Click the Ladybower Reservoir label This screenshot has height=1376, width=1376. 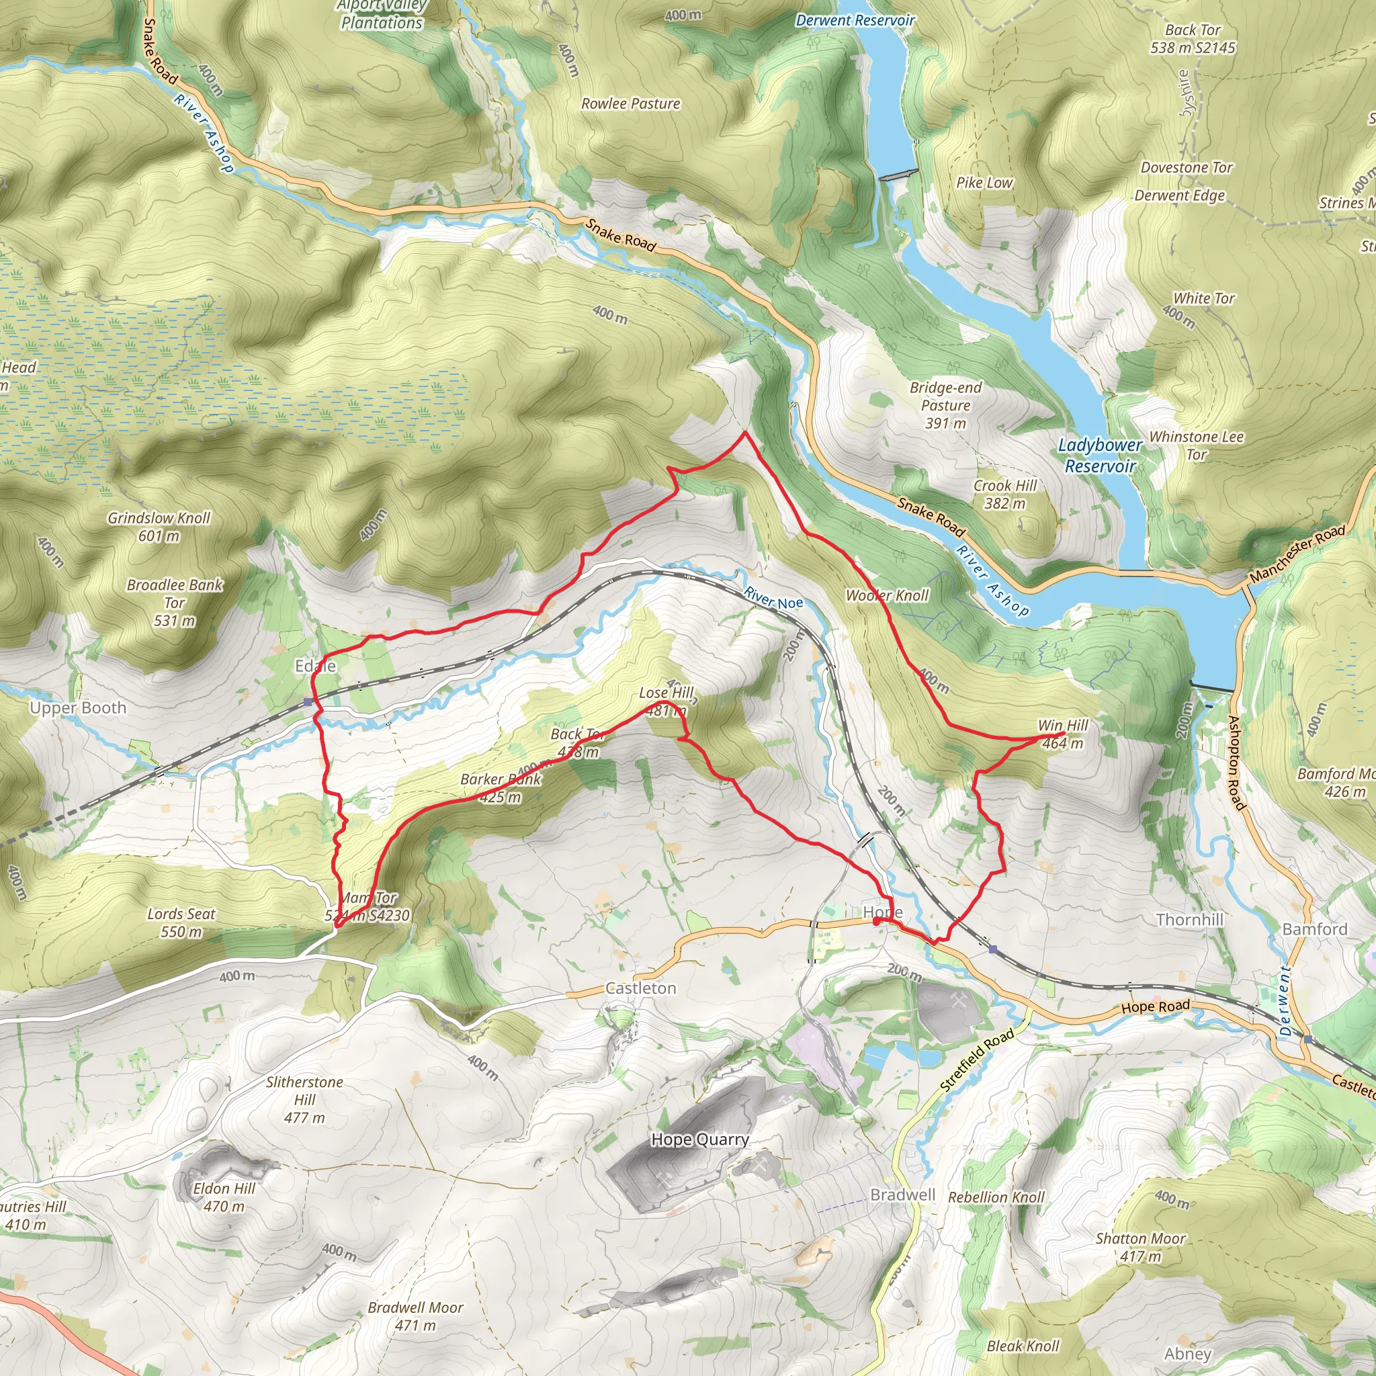pos(1100,455)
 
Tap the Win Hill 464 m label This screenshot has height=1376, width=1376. pos(1063,734)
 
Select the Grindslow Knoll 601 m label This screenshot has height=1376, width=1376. pos(159,526)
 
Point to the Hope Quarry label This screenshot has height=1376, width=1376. pos(699,1139)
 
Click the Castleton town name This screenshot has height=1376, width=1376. pos(640,988)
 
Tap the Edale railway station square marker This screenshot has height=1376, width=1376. pos(308,702)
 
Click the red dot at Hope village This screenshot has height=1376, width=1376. pos(876,921)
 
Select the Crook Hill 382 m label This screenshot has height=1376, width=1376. pos(1004,494)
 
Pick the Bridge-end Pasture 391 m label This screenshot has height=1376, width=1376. pos(945,405)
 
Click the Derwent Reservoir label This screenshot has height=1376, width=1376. pos(854,21)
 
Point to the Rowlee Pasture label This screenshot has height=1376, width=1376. pos(630,104)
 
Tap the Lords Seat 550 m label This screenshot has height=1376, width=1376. pos(181,922)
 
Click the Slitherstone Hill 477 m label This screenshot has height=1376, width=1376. pos(304,1100)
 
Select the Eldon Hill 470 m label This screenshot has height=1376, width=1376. pos(224,1197)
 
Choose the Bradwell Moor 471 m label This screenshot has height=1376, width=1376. pos(415,1316)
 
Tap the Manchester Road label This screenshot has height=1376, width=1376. pos(1297,552)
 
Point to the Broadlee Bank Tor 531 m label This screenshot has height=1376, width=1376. pos(175,603)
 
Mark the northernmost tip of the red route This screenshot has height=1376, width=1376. pos(744,432)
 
